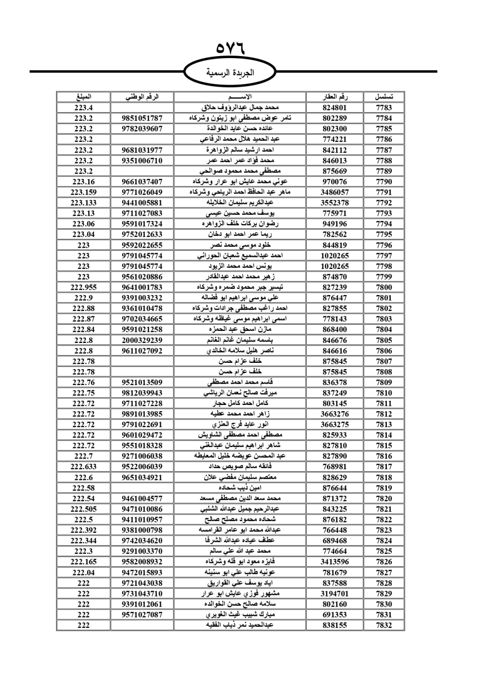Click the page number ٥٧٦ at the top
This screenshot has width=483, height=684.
click(x=231, y=49)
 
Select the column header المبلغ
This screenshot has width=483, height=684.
click(x=84, y=97)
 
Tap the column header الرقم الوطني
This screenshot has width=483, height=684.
click(x=142, y=97)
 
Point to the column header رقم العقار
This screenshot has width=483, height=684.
click(x=335, y=97)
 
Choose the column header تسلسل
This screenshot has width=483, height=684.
click(x=384, y=97)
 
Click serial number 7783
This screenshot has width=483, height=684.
click(x=384, y=108)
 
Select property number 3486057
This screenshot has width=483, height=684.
click(x=335, y=192)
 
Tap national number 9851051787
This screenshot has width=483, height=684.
click(x=142, y=119)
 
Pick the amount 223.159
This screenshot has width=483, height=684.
click(x=84, y=192)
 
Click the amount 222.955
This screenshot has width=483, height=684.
click(x=84, y=287)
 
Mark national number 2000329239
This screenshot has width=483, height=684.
click(x=142, y=340)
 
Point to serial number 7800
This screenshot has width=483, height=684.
click(x=384, y=287)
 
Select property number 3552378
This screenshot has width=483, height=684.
click(x=335, y=203)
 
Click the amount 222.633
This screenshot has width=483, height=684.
click(x=84, y=467)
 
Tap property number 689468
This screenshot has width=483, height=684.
click(x=335, y=541)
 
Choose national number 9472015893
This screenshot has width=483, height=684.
click(x=142, y=572)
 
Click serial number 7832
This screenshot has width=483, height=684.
click(x=384, y=625)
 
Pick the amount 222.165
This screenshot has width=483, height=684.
click(x=84, y=562)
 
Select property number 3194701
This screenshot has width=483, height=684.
click(x=335, y=594)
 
